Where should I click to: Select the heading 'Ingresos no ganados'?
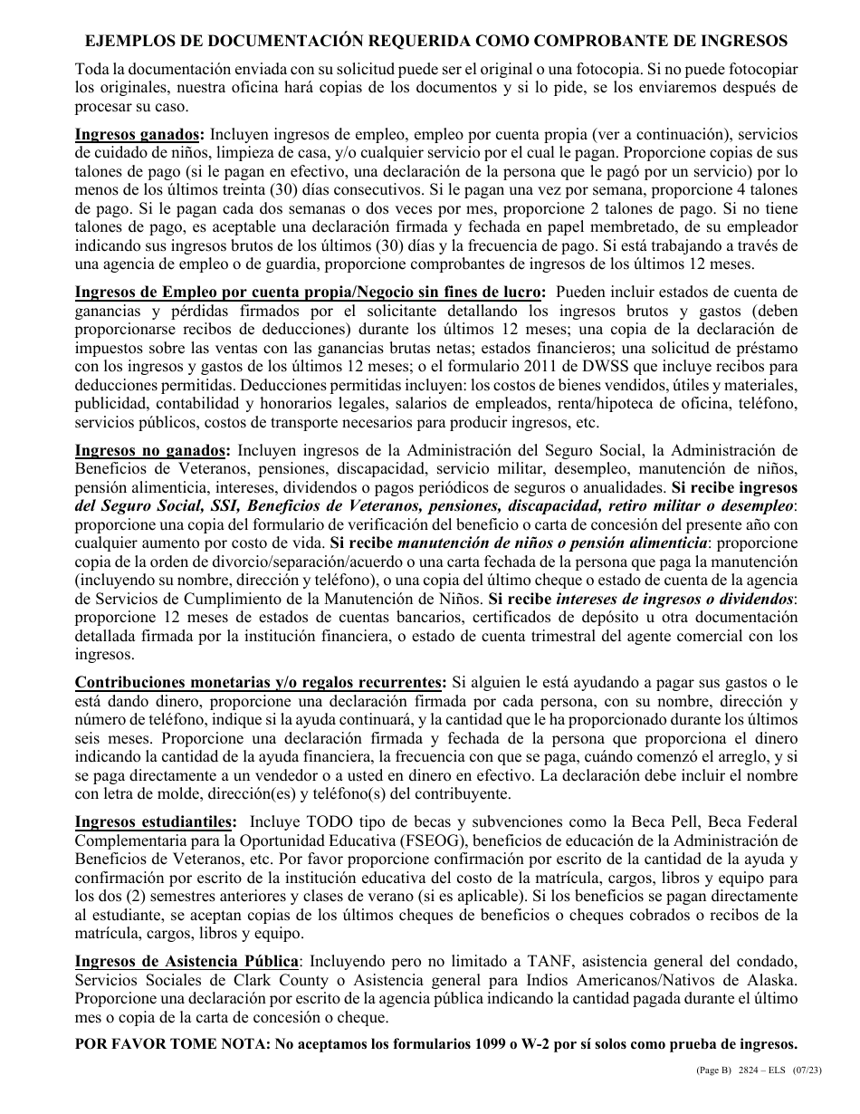click(151, 450)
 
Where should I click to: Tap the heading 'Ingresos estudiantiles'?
click(155, 821)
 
